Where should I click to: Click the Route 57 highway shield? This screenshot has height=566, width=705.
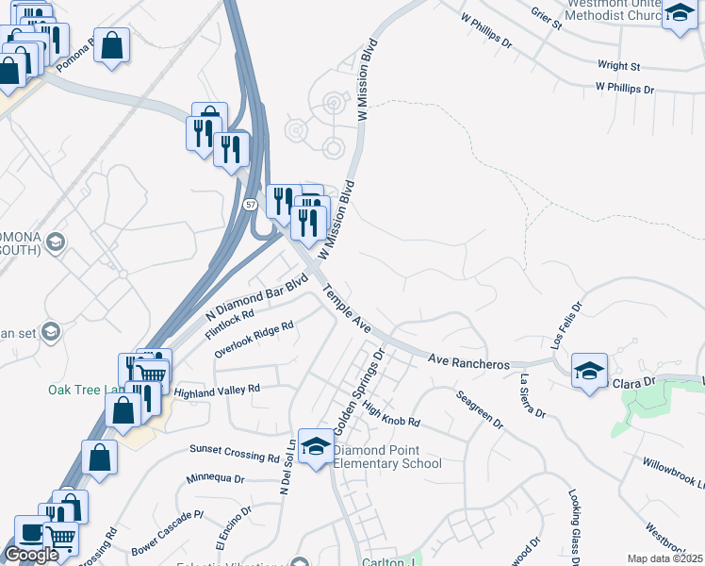250,204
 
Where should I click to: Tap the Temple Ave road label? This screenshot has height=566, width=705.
346,308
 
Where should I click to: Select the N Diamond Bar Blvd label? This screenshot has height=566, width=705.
257,296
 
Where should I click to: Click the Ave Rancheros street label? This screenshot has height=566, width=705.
468,362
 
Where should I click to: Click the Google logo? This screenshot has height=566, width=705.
31,556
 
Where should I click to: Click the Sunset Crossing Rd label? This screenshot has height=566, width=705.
235,454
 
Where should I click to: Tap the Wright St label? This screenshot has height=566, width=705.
619,66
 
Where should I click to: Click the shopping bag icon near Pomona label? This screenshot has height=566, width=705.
111,45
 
